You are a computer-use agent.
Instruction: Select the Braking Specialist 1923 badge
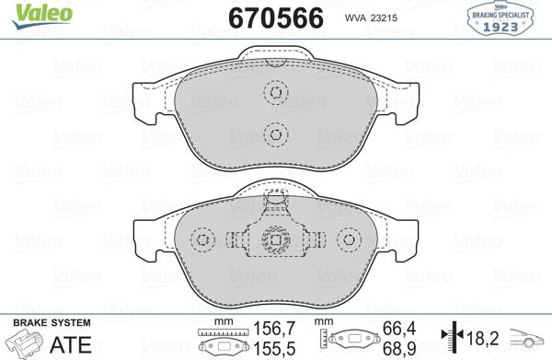point(505,19)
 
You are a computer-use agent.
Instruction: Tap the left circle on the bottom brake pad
point(201,240)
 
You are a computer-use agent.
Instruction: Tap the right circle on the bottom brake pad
point(350,240)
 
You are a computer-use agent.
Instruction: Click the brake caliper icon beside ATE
point(25,344)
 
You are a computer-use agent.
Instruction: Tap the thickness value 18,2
point(482,337)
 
